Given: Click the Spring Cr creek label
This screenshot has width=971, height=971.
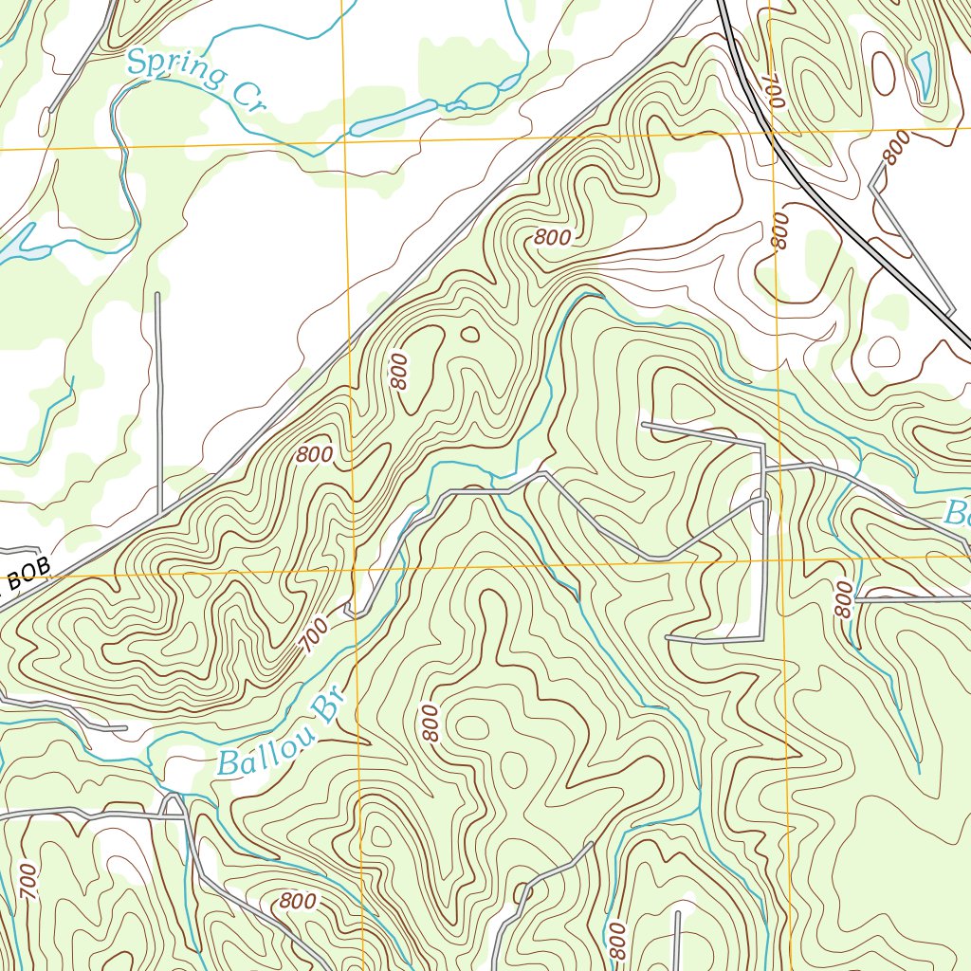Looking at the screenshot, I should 193,82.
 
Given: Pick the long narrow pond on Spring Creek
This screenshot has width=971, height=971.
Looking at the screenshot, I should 393,118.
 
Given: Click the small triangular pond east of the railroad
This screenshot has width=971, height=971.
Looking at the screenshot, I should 921,69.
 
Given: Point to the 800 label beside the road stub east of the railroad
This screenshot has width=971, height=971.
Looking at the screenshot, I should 894,148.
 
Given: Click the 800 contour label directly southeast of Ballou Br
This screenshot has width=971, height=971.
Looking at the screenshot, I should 430,724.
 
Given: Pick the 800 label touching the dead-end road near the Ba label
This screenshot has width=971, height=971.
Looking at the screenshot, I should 843,600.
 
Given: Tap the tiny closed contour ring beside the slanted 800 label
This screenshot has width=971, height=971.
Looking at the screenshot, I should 469,334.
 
